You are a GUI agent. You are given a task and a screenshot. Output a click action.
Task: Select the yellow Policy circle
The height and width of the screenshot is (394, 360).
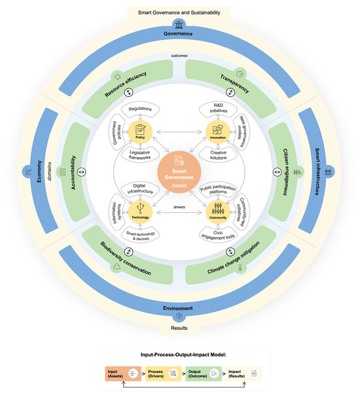pos(139,131)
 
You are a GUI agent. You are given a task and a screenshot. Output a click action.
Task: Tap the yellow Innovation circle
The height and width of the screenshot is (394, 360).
pos(218,131)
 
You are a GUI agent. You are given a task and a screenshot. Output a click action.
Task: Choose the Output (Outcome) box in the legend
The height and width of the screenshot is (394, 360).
pos(199,373)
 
